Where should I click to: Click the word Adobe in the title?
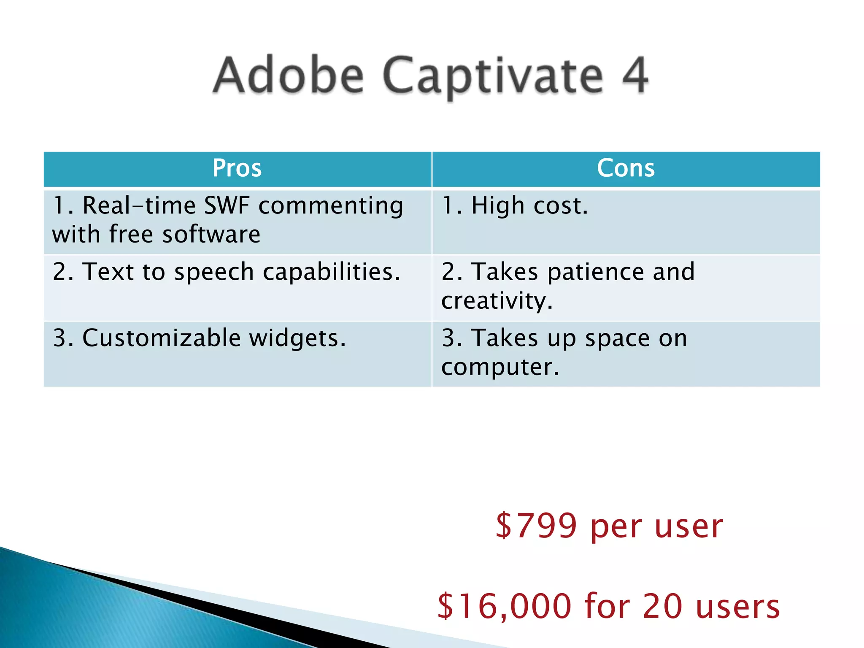coord(289,76)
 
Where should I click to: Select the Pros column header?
coord(237,168)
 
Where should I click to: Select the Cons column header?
coord(626,168)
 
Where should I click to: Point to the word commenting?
coord(331,207)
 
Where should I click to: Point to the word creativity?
coord(497,301)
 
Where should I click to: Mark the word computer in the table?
coord(500,367)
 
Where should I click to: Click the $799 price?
coord(536,526)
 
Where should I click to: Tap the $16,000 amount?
coord(504,606)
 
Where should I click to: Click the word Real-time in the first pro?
coord(139,206)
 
